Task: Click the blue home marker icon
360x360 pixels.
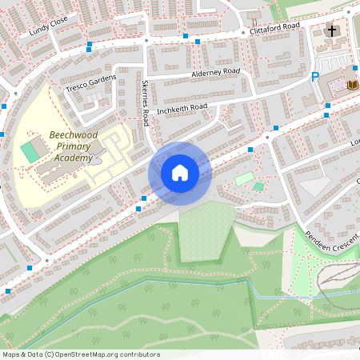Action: (180, 173)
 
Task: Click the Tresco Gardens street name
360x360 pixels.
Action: (91, 82)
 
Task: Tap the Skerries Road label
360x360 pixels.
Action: (145, 102)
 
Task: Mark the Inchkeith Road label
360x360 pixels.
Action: (182, 107)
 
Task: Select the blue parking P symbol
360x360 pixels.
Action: (314, 77)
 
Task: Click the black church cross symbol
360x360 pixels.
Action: (331, 31)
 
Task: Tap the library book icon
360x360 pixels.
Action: (353, 84)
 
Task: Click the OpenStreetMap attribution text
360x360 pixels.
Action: (81, 354)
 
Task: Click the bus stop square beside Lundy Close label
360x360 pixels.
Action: (90, 44)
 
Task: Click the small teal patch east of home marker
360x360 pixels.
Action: (258, 186)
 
